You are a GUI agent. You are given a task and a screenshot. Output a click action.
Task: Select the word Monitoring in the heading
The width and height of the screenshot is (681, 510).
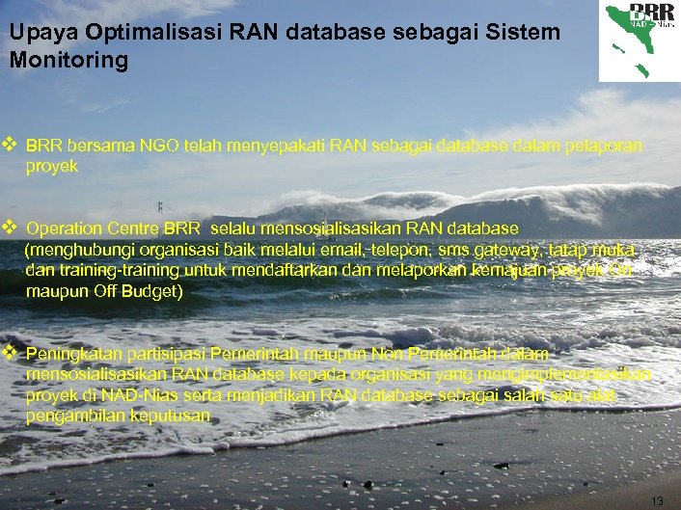68,60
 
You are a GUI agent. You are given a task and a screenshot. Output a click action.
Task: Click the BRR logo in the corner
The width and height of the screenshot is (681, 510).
639,40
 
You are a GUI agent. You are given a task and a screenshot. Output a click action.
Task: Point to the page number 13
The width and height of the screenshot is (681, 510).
658,500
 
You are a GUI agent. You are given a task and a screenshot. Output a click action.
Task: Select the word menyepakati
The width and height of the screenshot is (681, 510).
272,147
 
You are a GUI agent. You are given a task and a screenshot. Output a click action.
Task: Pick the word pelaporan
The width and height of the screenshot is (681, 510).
604,147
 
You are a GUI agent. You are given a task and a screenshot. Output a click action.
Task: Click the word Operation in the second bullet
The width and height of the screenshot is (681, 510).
65,229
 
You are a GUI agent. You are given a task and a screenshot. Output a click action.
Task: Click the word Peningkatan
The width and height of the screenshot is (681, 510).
71,354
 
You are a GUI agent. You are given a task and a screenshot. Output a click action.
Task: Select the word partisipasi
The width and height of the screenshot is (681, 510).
163,354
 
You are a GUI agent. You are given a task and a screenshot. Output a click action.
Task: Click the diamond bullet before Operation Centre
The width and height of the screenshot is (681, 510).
11,228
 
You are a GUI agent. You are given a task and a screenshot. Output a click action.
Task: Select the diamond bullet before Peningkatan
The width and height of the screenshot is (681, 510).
11,353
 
